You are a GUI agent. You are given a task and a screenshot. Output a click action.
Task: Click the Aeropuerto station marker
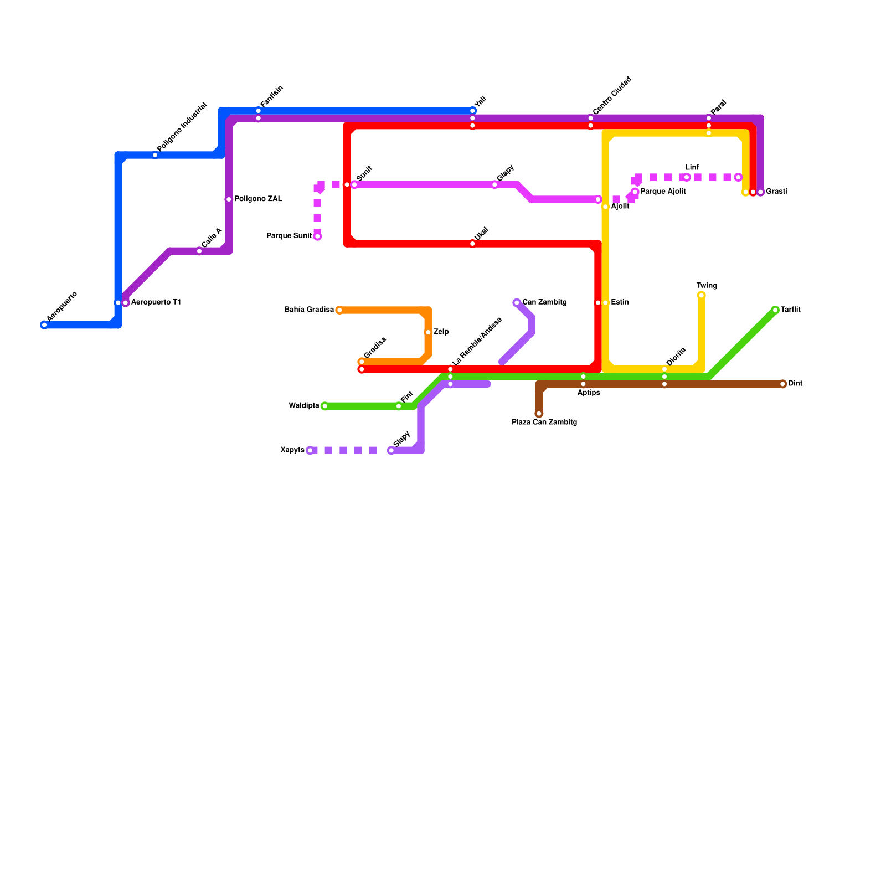pyautogui.click(x=44, y=325)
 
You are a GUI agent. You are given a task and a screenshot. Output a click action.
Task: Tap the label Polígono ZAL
pyautogui.click(x=258, y=199)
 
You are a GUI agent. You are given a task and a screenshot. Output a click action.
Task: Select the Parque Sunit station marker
pyautogui.click(x=317, y=236)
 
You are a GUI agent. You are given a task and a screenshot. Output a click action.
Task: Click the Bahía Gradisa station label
pyautogui.click(x=308, y=310)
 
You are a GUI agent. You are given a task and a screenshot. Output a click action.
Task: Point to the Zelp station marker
pyautogui.click(x=428, y=332)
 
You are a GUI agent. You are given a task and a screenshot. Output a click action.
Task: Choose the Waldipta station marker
pyautogui.click(x=324, y=406)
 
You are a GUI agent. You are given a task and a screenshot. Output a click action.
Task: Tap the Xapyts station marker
pyautogui.click(x=310, y=451)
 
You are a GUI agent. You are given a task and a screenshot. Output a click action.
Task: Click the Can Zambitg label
pyautogui.click(x=544, y=303)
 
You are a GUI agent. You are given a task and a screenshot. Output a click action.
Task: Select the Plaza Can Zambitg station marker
pyautogui.click(x=539, y=414)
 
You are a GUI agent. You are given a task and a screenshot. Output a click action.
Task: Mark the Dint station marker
pyautogui.click(x=782, y=384)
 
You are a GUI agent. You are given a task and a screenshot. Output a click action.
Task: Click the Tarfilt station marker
pyautogui.click(x=775, y=310)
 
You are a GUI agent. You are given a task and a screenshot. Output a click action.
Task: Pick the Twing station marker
pyautogui.click(x=701, y=296)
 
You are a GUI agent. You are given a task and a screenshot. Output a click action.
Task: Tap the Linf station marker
pyautogui.click(x=687, y=177)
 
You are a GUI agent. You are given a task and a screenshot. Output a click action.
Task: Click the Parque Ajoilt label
pyautogui.click(x=663, y=192)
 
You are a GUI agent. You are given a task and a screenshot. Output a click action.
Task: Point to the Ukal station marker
pyautogui.click(x=472, y=244)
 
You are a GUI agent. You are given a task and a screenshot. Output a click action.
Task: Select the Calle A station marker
pyautogui.click(x=199, y=251)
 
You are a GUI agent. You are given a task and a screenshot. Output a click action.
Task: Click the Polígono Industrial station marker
pyautogui.click(x=155, y=155)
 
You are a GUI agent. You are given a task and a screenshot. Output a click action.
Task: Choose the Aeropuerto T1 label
pyautogui.click(x=156, y=303)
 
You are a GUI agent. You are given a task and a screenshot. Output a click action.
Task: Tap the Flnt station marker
pyautogui.click(x=399, y=406)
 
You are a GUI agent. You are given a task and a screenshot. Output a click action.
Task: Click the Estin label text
pyautogui.click(x=620, y=303)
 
